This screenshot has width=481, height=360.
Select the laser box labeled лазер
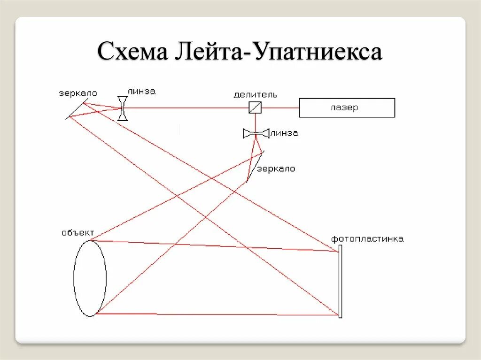pos(347,107)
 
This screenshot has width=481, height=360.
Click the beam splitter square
pos(255,107)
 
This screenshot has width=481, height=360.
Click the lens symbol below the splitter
pos(256,134)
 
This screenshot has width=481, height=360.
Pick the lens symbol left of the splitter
pos(123,108)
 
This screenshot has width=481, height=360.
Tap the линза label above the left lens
pos(140,91)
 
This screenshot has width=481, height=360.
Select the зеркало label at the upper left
pos(78,93)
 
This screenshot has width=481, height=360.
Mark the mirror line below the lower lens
pos(255,167)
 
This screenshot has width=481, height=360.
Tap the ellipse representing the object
pos(90,278)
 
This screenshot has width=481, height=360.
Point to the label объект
pos(78,232)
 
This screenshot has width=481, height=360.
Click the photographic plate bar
pos(340,281)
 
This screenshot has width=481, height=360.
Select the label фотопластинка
pos(367,239)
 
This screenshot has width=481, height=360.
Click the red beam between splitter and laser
pos(280,107)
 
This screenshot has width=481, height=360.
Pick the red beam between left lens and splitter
pos(188,107)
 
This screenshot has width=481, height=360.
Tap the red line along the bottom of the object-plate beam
pos(216,314)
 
